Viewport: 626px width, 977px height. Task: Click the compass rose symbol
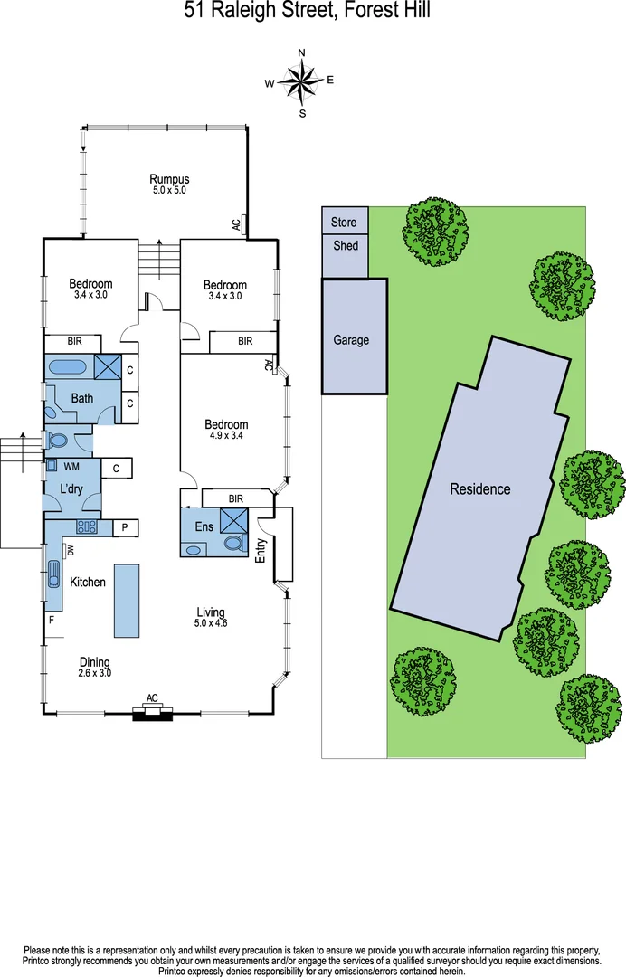[x=301, y=82]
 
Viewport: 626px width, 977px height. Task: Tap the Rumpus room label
[x=169, y=178]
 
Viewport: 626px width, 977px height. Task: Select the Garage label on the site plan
[x=351, y=340]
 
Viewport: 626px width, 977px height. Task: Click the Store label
[x=344, y=222]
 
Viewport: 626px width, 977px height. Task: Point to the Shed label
[x=345, y=245]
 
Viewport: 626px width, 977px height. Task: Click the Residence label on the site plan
[x=480, y=489]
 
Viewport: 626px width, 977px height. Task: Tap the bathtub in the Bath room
[x=65, y=367]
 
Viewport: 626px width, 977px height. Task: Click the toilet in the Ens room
[x=234, y=544]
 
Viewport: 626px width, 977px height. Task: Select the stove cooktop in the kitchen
[x=87, y=527]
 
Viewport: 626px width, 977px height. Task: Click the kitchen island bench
[x=127, y=600]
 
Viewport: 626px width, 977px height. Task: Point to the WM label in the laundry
[x=71, y=467]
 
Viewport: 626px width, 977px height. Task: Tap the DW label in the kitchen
[x=70, y=549]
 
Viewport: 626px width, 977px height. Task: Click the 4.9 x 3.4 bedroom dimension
[x=226, y=436]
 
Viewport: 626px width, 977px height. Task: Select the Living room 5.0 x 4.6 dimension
[x=211, y=623]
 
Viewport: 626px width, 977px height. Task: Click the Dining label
[x=94, y=661]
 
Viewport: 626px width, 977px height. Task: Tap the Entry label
[x=261, y=552]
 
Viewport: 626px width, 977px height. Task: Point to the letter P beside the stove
[x=124, y=527]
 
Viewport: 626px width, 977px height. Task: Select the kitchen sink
[x=52, y=574]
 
